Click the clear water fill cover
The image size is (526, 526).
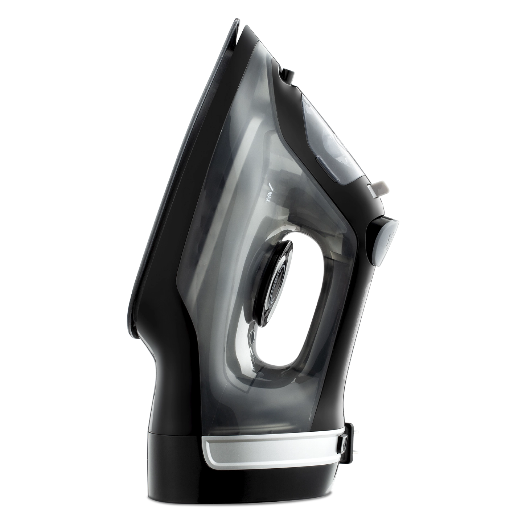(333, 137)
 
